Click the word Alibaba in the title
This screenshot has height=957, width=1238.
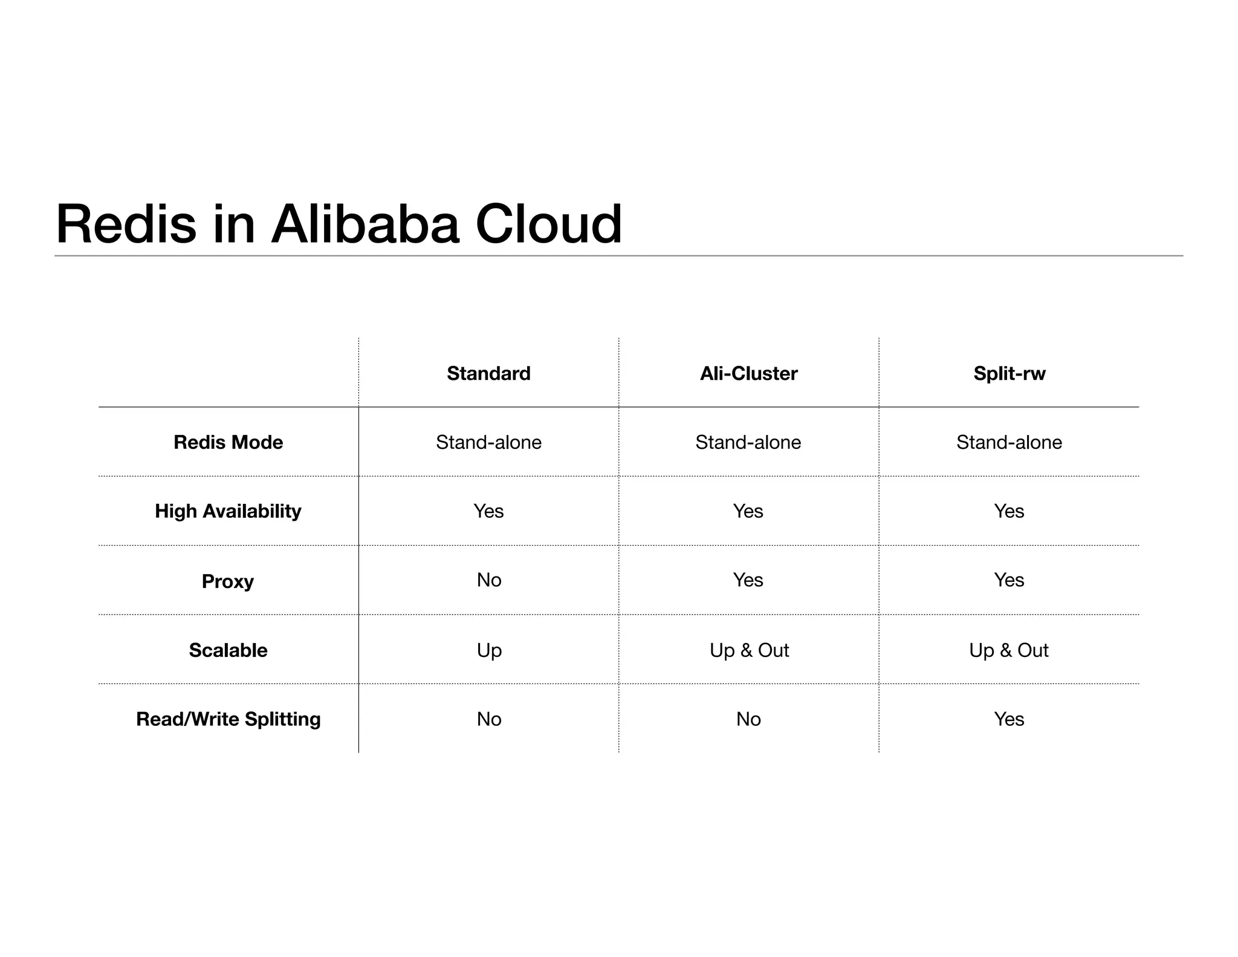(x=365, y=224)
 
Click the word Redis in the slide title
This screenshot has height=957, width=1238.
(x=126, y=224)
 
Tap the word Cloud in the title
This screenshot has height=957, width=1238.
(x=548, y=224)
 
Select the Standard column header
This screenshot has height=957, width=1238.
(x=488, y=373)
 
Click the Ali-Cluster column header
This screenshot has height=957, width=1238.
(x=748, y=373)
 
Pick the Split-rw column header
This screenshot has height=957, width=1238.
(x=1009, y=373)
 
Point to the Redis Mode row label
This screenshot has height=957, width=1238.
(x=228, y=442)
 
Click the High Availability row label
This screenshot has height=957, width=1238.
(x=228, y=511)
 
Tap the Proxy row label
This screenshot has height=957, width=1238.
(x=228, y=581)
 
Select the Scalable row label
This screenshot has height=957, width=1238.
(x=228, y=650)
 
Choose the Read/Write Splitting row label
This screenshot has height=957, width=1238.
(x=228, y=719)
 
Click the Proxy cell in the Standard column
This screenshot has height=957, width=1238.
(x=488, y=580)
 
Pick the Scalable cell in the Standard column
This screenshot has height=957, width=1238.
(x=488, y=650)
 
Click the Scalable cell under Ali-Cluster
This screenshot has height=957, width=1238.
(x=748, y=650)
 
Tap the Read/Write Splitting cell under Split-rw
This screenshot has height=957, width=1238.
(x=1009, y=719)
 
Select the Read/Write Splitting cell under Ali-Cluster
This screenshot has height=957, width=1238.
(x=748, y=719)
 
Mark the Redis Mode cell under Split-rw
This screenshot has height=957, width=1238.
(x=1009, y=442)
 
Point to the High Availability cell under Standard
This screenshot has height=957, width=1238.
(x=488, y=511)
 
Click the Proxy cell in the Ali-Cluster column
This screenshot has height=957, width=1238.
(x=748, y=580)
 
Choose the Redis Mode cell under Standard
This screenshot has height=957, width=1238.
(x=488, y=442)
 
